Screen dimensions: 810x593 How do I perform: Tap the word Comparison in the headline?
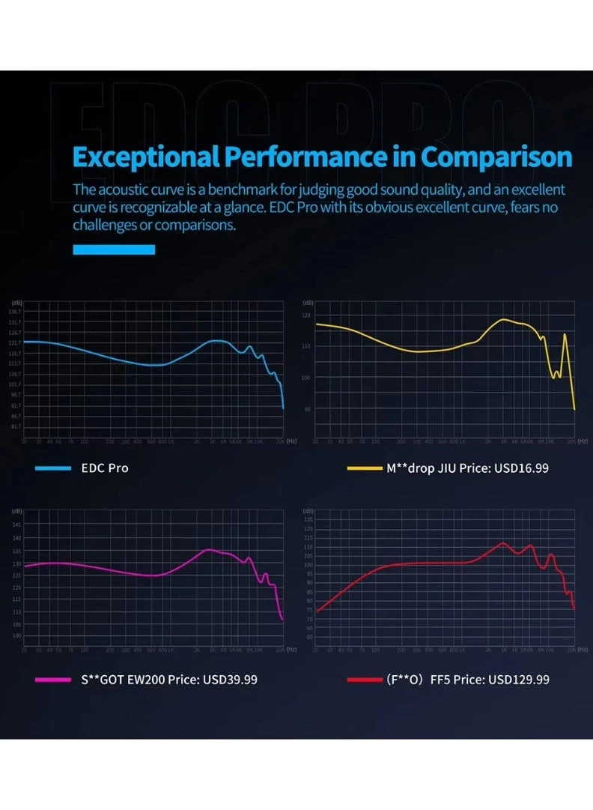point(496,157)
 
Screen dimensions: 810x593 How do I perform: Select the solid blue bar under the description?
point(114,250)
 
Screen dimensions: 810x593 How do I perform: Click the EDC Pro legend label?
point(105,468)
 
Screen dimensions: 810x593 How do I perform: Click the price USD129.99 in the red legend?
point(519,680)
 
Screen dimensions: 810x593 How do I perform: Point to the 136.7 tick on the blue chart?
point(15,311)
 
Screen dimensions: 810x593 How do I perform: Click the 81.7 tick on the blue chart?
point(15,426)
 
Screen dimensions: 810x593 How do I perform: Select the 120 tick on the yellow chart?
point(305,315)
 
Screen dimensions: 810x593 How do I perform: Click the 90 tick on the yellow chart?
point(305,409)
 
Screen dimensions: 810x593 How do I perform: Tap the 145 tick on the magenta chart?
point(16,525)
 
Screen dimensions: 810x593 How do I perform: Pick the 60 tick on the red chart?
point(308,637)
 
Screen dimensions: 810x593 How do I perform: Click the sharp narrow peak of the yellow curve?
point(565,335)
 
